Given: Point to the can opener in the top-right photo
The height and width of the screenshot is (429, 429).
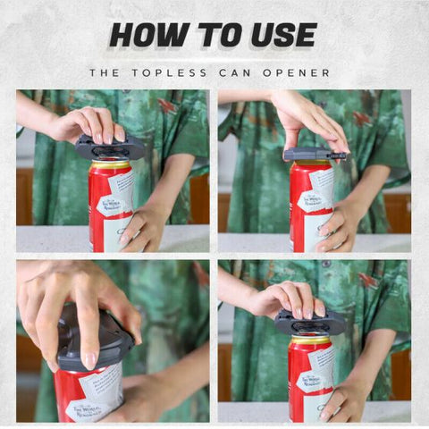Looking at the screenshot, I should point(313,155).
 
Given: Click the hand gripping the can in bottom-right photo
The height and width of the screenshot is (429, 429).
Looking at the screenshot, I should point(344,398).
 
